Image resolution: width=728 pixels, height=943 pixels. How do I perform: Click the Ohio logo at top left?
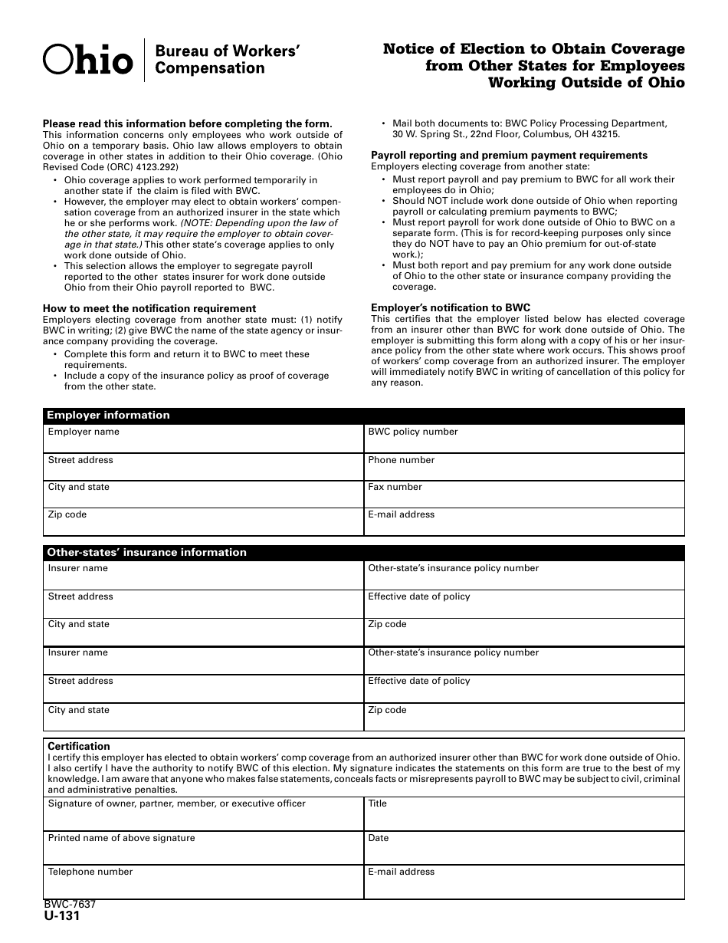87,59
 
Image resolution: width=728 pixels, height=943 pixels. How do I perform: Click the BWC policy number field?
524,439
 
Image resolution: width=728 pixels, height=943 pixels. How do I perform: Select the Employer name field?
203,439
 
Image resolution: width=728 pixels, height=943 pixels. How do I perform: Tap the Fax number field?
524,495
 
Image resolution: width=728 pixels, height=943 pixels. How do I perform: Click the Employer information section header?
108,416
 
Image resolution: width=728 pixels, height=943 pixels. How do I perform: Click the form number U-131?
61,915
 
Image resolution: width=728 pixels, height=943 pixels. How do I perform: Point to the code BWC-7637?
70,905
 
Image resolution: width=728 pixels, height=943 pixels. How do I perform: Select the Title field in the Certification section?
524,814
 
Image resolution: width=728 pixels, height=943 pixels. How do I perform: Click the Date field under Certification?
524,849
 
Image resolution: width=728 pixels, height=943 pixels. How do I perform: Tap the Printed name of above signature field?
203,849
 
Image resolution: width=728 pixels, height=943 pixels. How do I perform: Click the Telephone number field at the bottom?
203,882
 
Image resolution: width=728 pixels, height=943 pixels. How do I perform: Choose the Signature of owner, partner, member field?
203,814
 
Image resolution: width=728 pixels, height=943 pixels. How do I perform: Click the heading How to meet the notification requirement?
149,308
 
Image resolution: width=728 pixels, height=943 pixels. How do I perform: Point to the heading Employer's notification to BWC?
451,308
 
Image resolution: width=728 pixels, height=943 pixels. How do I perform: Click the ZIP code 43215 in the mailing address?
605,134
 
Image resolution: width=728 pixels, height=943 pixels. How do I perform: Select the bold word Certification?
79,746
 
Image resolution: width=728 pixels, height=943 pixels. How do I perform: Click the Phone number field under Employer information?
524,467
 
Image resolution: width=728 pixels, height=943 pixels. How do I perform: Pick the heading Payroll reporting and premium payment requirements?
510,155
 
